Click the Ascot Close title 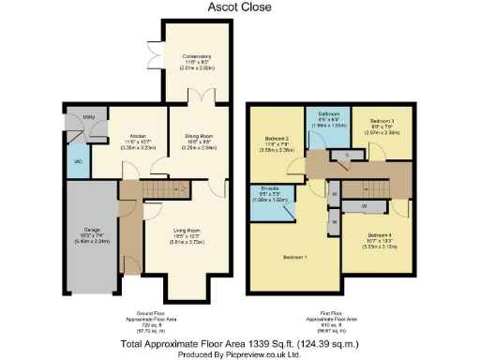tap(240, 7)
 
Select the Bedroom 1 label tap(295, 255)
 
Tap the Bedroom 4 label tap(380, 234)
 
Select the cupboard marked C tap(348, 154)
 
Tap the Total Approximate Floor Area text tap(240, 343)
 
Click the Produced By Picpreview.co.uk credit tap(240, 353)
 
